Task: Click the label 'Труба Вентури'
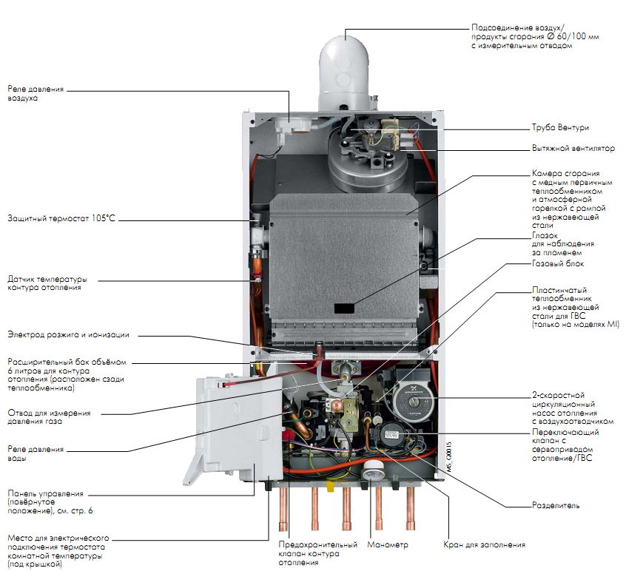click(560, 127)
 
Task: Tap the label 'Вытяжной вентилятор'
click(573, 148)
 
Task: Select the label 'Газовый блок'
click(558, 263)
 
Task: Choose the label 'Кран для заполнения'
click(485, 545)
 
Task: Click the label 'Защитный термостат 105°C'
click(62, 219)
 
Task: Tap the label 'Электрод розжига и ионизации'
click(68, 334)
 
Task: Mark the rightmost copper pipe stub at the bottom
click(411, 510)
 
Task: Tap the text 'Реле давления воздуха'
click(36, 93)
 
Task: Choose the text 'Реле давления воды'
click(36, 453)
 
